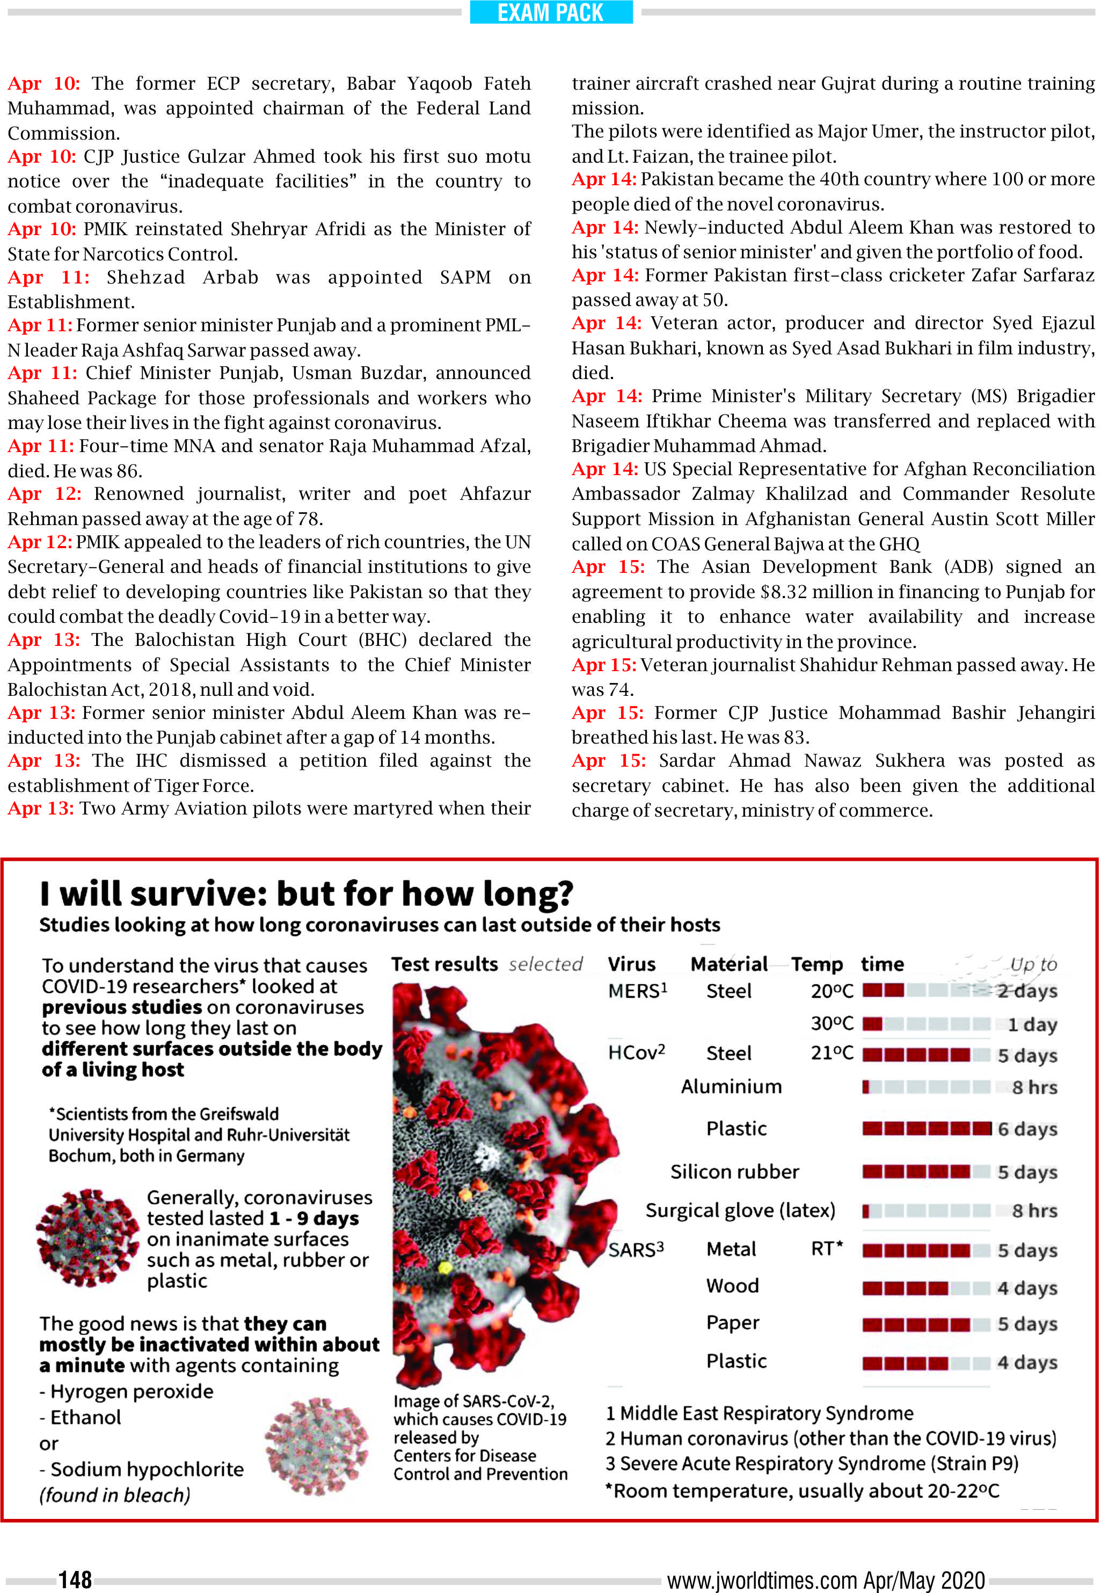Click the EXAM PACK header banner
pyautogui.click(x=551, y=12)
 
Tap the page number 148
pyautogui.click(x=75, y=1579)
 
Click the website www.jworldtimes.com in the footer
pyautogui.click(x=762, y=1579)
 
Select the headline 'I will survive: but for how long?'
pyautogui.click(x=307, y=893)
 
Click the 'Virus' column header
pyautogui.click(x=631, y=964)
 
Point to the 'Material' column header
pyautogui.click(x=728, y=964)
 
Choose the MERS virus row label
pyautogui.click(x=637, y=991)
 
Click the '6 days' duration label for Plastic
pyautogui.click(x=1027, y=1129)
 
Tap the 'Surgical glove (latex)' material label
pyautogui.click(x=740, y=1210)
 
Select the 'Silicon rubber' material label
pyautogui.click(x=734, y=1172)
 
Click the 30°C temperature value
pyautogui.click(x=832, y=1023)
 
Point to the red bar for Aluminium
pyautogui.click(x=866, y=1087)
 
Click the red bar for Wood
pyautogui.click(x=905, y=1288)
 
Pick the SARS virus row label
pyautogui.click(x=636, y=1249)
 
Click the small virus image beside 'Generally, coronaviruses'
pyautogui.click(x=87, y=1237)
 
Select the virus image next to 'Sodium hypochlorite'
pyautogui.click(x=317, y=1445)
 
